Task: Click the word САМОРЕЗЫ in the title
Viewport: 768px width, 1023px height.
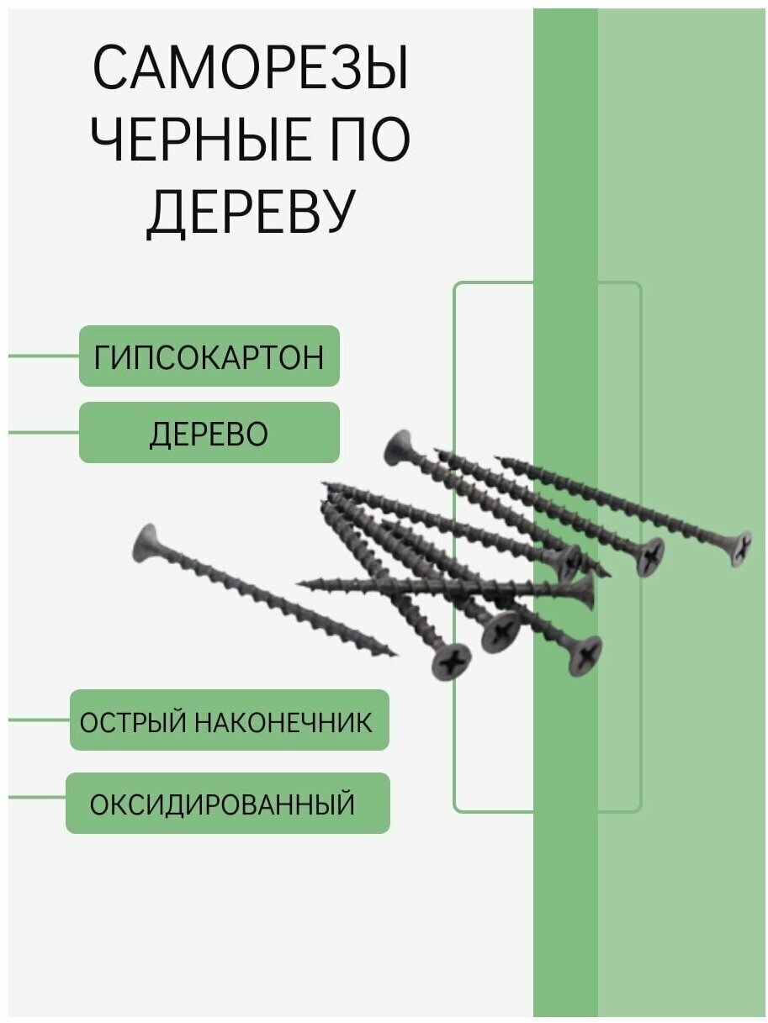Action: [x=250, y=70]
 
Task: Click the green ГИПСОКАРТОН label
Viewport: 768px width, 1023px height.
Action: [x=209, y=356]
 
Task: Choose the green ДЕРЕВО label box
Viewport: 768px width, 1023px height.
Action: [x=209, y=433]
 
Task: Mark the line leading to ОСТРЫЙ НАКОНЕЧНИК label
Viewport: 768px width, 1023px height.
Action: [x=39, y=720]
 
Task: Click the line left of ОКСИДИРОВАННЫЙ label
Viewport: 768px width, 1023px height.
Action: [x=37, y=797]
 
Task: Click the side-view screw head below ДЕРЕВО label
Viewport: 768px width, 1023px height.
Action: [x=398, y=447]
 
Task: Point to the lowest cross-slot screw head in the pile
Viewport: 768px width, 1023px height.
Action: [x=452, y=662]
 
